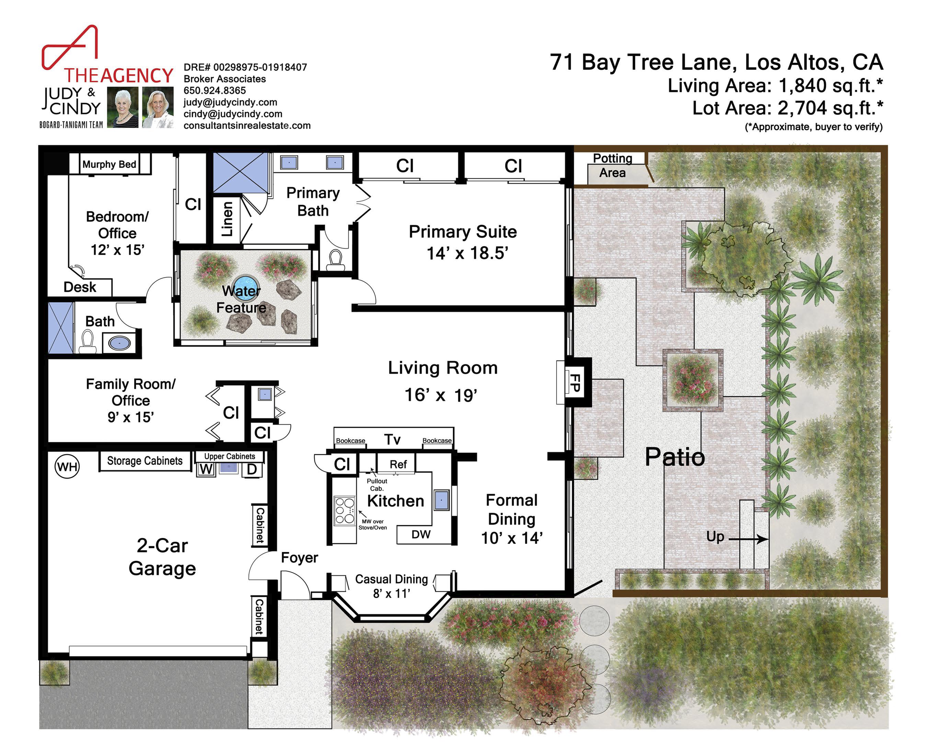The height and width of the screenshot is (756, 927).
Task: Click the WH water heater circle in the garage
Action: click(x=67, y=467)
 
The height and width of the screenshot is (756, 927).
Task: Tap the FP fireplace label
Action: click(x=575, y=382)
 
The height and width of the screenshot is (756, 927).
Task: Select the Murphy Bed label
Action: click(x=109, y=164)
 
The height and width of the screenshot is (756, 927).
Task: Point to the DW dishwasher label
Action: click(x=421, y=534)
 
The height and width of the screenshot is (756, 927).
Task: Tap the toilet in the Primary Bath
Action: click(x=335, y=260)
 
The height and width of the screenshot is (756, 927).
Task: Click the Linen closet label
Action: click(x=227, y=219)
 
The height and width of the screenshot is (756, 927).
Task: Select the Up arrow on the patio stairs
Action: click(x=748, y=539)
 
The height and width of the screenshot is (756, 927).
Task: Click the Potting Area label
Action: click(x=612, y=165)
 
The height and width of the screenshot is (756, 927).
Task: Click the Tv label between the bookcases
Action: click(x=393, y=440)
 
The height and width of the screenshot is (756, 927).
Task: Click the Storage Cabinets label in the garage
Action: click(x=145, y=461)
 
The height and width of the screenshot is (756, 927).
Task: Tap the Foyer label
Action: click(x=300, y=558)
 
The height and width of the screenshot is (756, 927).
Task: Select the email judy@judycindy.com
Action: click(x=230, y=102)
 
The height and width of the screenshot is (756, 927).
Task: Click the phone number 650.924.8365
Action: click(x=215, y=91)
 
